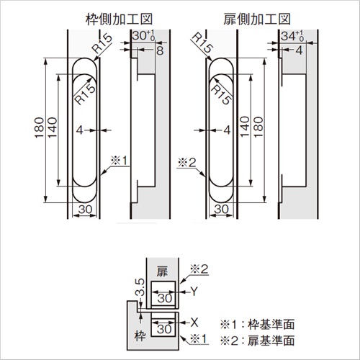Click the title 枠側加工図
pyautogui.click(x=119, y=19)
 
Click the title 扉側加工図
pyautogui.click(x=257, y=19)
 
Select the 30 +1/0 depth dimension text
pyautogui.click(x=143, y=36)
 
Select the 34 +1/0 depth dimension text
pyautogui.click(x=292, y=36)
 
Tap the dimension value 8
pyautogui.click(x=160, y=50)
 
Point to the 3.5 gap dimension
pyautogui.click(x=140, y=287)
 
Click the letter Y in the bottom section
pyautogui.click(x=194, y=292)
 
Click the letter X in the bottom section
pyautogui.click(x=194, y=323)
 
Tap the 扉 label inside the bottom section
pyautogui.click(x=162, y=271)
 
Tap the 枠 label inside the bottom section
pyautogui.click(x=140, y=336)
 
